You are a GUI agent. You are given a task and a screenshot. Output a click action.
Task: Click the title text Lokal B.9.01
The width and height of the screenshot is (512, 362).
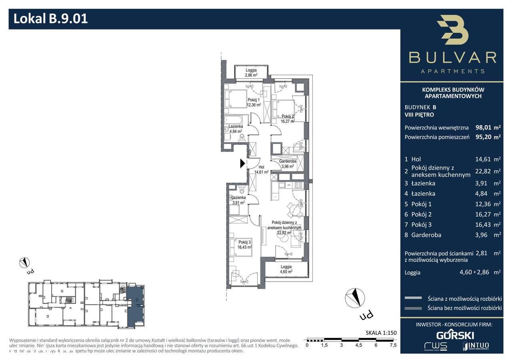51,19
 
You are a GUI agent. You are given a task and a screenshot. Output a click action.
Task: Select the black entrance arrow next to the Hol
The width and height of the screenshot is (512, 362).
242,163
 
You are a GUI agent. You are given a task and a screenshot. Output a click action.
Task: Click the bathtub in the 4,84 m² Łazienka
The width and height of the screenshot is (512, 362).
234,119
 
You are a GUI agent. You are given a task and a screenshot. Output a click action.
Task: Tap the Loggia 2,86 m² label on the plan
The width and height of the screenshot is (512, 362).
251,72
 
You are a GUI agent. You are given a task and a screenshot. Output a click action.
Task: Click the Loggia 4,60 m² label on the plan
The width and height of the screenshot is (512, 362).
286,269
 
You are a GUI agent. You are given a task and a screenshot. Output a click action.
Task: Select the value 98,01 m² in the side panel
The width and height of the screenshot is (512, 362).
488,128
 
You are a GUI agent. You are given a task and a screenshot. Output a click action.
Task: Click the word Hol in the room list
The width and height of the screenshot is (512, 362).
416,159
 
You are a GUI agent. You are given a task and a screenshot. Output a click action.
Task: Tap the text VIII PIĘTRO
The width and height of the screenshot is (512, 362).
419,115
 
